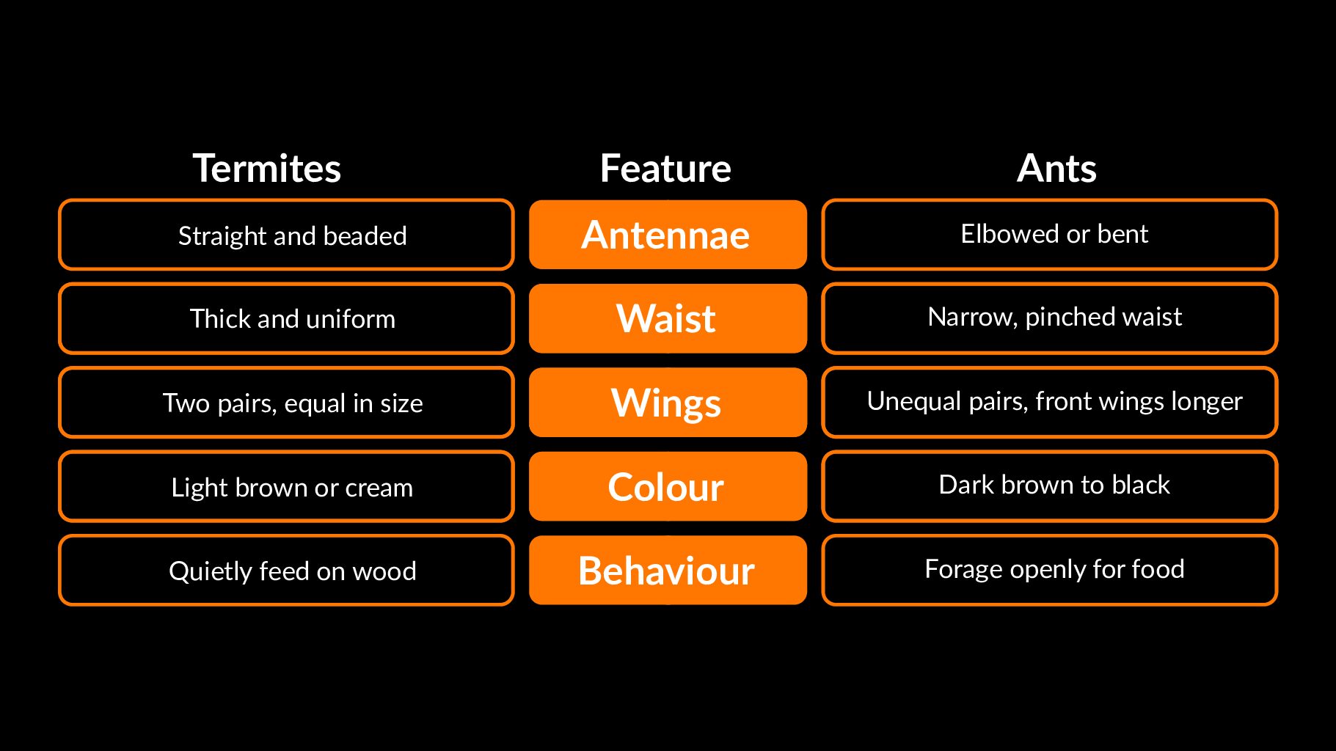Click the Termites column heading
click(267, 168)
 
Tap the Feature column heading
click(665, 168)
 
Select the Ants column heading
click(1056, 168)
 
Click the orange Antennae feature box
click(668, 235)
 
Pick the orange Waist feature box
click(668, 318)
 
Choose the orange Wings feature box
click(668, 403)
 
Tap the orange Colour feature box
click(668, 486)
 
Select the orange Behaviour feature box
click(668, 570)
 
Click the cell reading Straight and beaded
click(286, 235)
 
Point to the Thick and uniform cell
click(286, 318)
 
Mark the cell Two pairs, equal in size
click(286, 403)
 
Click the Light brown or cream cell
click(286, 486)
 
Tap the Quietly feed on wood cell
click(286, 570)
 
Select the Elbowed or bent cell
click(1050, 235)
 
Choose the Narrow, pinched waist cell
click(1050, 318)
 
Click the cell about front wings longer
click(1050, 403)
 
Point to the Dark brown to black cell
click(1050, 486)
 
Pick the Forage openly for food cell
click(1050, 570)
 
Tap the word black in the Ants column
click(1141, 485)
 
